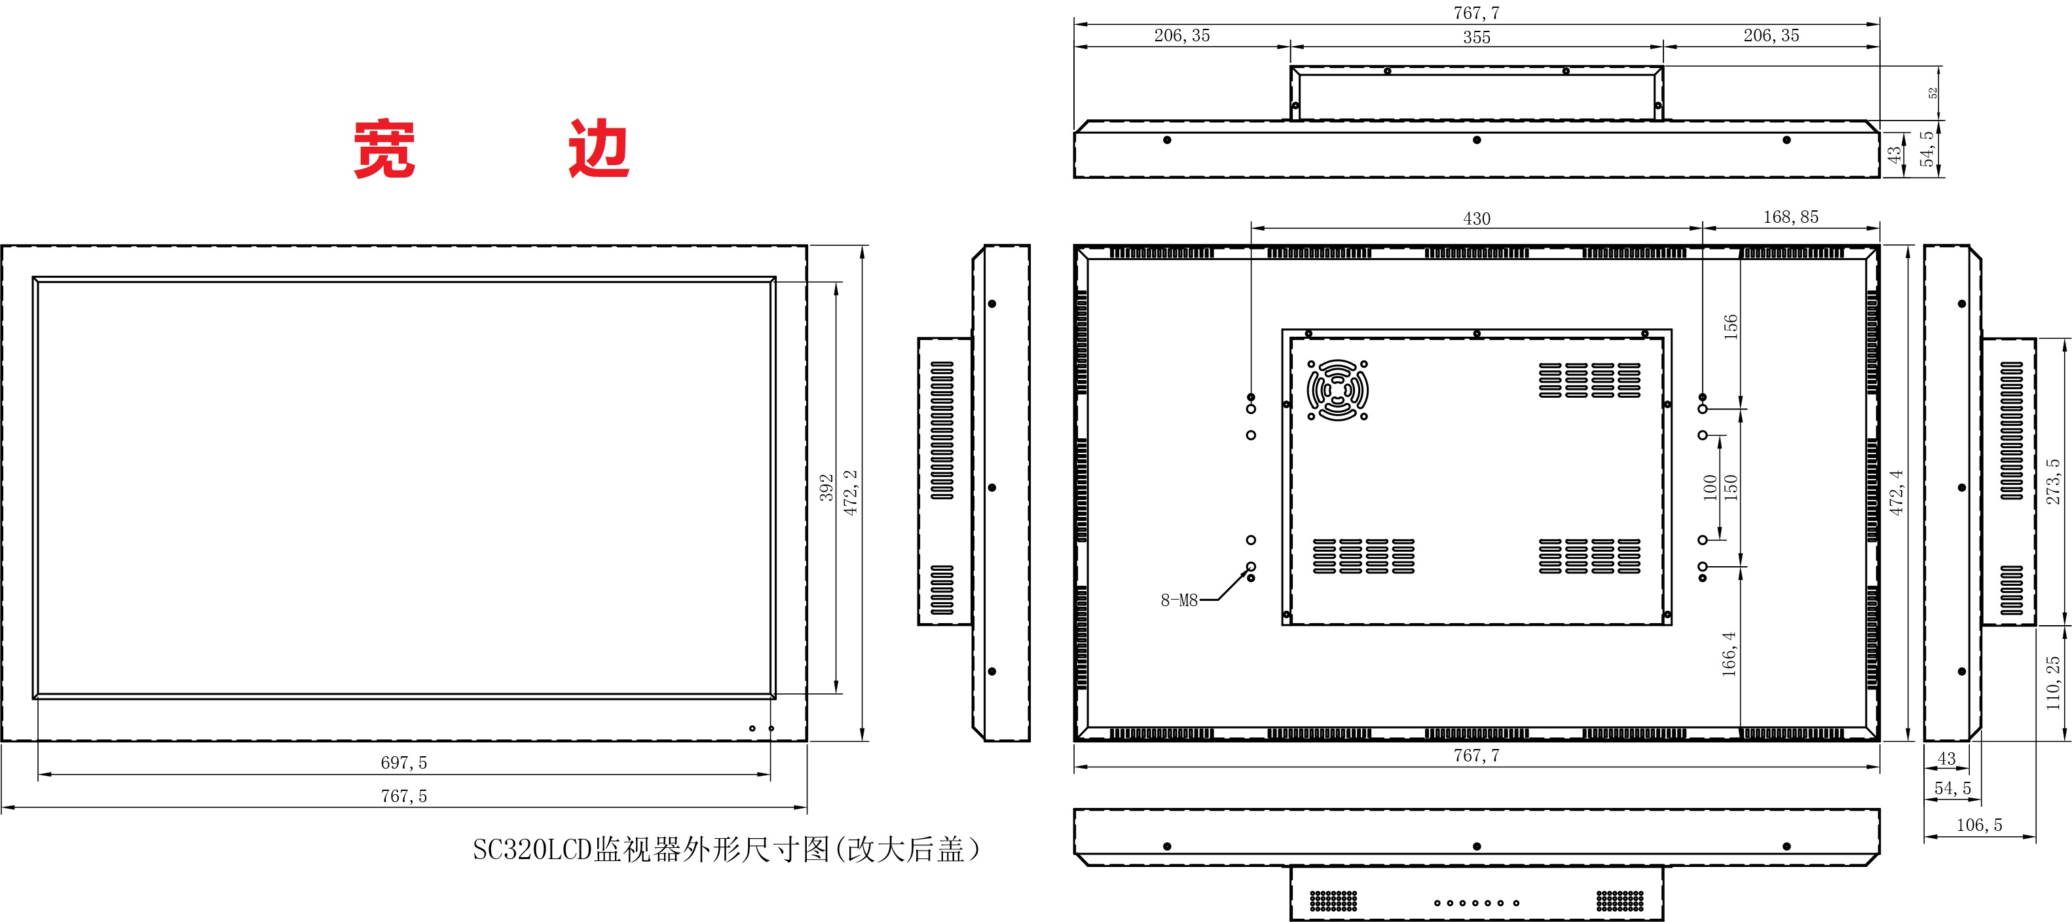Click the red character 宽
[x=384, y=149]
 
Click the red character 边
[x=599, y=149]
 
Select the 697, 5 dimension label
[x=404, y=763]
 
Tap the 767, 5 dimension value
[x=404, y=796]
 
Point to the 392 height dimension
[x=826, y=488]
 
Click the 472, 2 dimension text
[x=850, y=492]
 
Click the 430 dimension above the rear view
[x=1476, y=219]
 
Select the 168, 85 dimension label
[x=1790, y=217]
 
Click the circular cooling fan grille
[x=1337, y=390]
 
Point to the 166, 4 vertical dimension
[x=1729, y=653]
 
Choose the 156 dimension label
[x=1730, y=326]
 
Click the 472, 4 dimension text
[x=1896, y=492]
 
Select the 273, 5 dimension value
[x=2053, y=481]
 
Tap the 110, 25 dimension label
[x=2053, y=682]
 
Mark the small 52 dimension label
[x=1933, y=93]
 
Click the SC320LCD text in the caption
[x=532, y=850]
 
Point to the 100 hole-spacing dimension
[x=1710, y=488]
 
